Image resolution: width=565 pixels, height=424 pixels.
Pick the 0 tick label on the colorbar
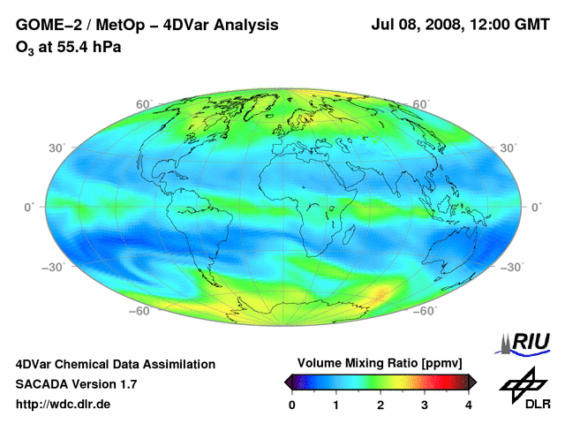292,405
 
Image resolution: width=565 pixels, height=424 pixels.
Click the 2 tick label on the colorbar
380,405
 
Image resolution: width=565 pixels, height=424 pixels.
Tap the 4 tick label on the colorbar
469,405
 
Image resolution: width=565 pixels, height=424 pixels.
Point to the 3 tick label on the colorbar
425,405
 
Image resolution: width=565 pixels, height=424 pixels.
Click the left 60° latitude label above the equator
144,104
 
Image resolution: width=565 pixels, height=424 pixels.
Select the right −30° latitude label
522,266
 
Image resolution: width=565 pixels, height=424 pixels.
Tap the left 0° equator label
28,207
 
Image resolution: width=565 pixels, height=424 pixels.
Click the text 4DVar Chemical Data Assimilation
115,364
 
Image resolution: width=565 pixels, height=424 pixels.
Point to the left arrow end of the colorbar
288,382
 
